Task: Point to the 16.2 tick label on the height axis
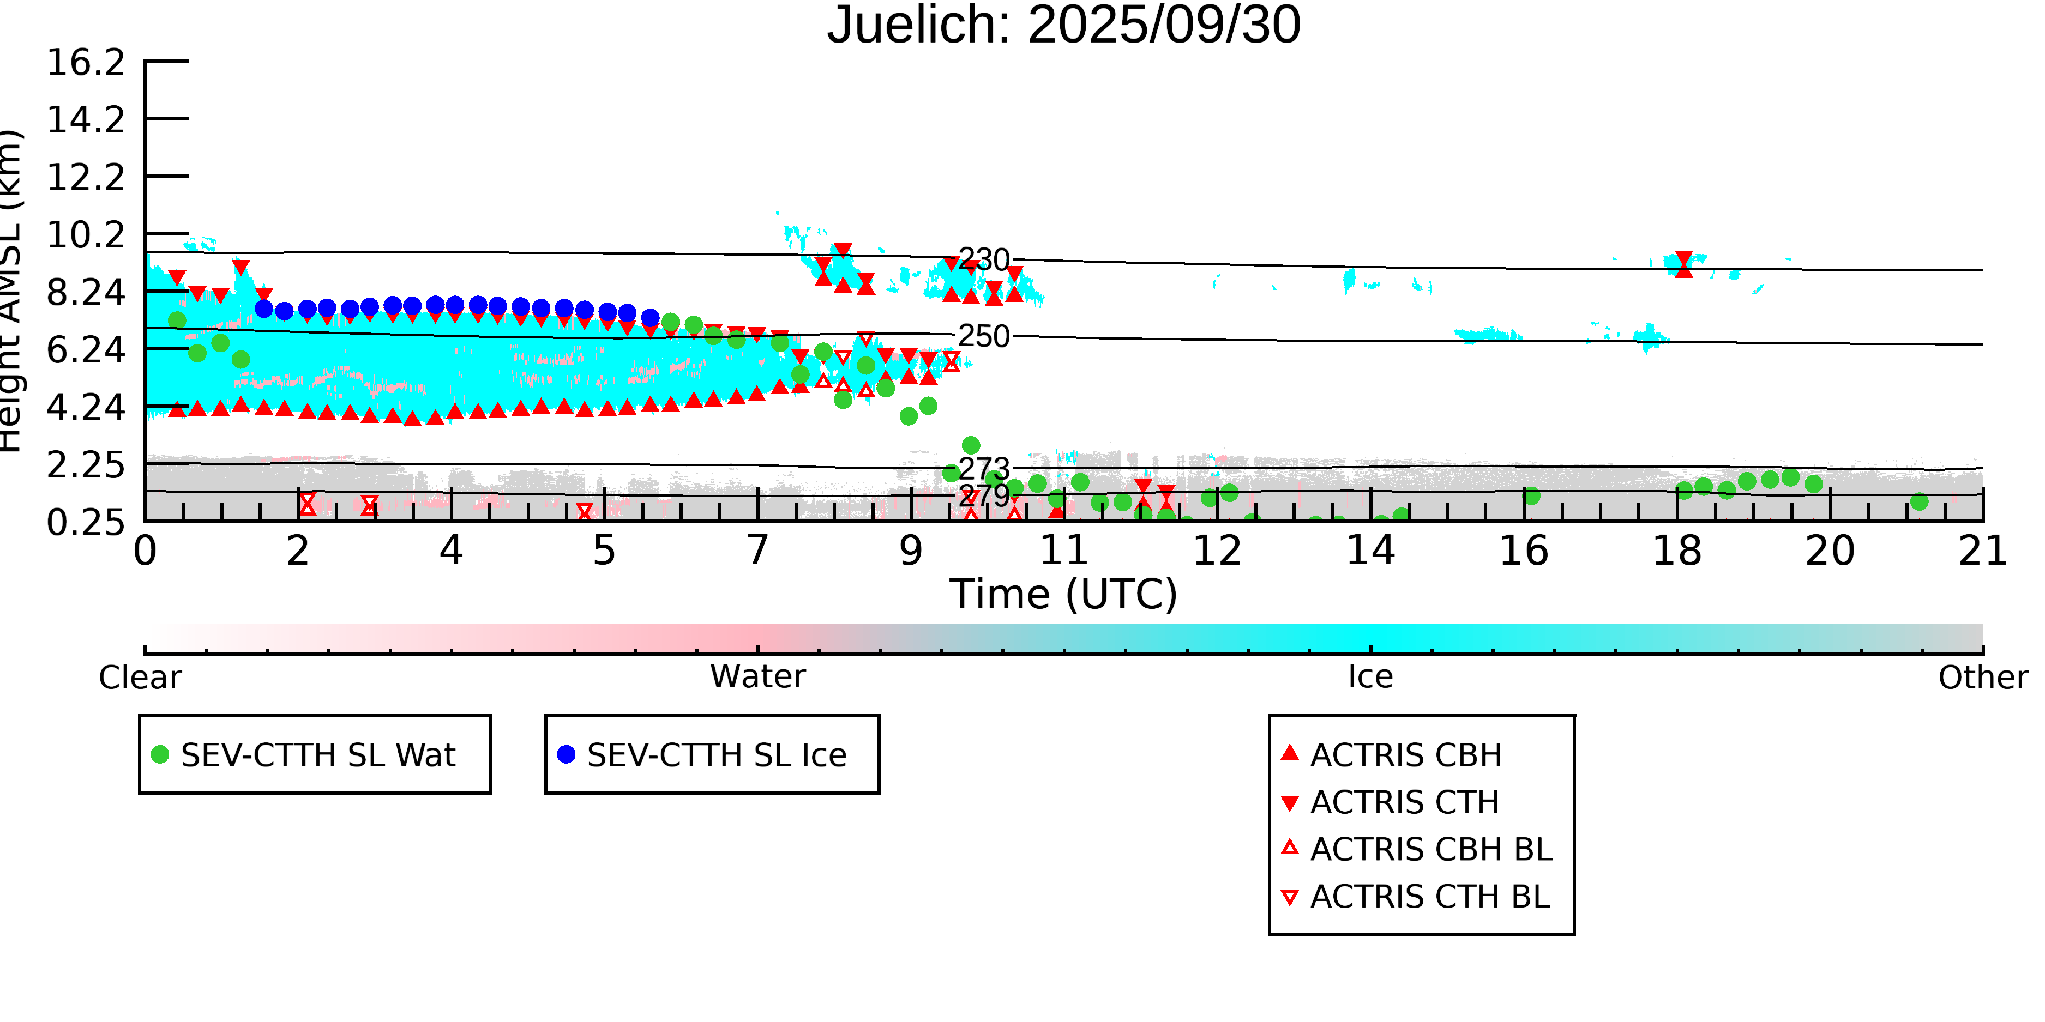click(86, 63)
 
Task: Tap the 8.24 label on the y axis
click(86, 293)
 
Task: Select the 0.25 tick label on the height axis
click(86, 523)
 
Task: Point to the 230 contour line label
click(984, 259)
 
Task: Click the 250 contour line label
click(984, 336)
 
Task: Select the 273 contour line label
click(984, 469)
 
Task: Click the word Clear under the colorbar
click(140, 678)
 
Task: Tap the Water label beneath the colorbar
click(757, 677)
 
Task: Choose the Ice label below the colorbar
click(1370, 677)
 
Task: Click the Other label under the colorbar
click(1982, 678)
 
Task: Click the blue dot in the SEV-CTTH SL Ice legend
click(566, 754)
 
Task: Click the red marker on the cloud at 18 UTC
click(1683, 264)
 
